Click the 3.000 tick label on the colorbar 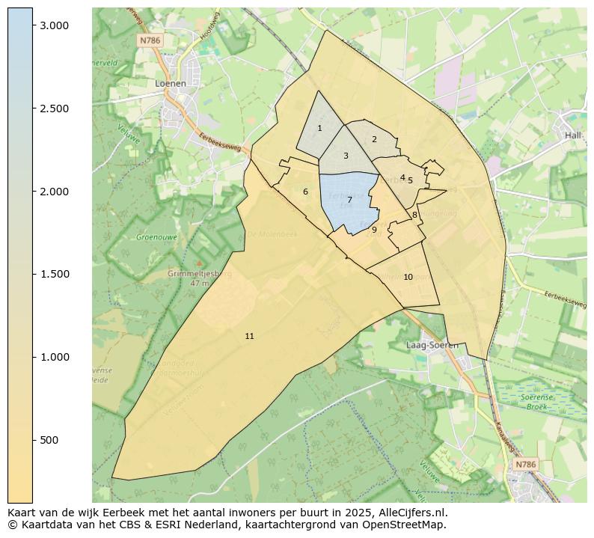(x=54, y=25)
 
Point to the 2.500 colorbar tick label (x=54, y=108)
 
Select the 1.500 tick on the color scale (x=54, y=274)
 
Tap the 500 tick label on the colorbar (x=49, y=440)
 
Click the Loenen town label (x=170, y=84)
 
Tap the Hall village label (x=573, y=135)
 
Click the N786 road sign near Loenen (x=150, y=40)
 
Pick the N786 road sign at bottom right (x=526, y=465)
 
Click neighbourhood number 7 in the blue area (x=349, y=200)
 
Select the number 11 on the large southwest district (x=249, y=336)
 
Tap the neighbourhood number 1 (x=319, y=128)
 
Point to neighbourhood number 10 (x=408, y=277)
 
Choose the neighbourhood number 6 (x=305, y=192)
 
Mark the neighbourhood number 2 (x=374, y=139)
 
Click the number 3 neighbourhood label (x=346, y=156)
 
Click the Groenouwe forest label (x=155, y=237)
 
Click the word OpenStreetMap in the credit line (x=405, y=525)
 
